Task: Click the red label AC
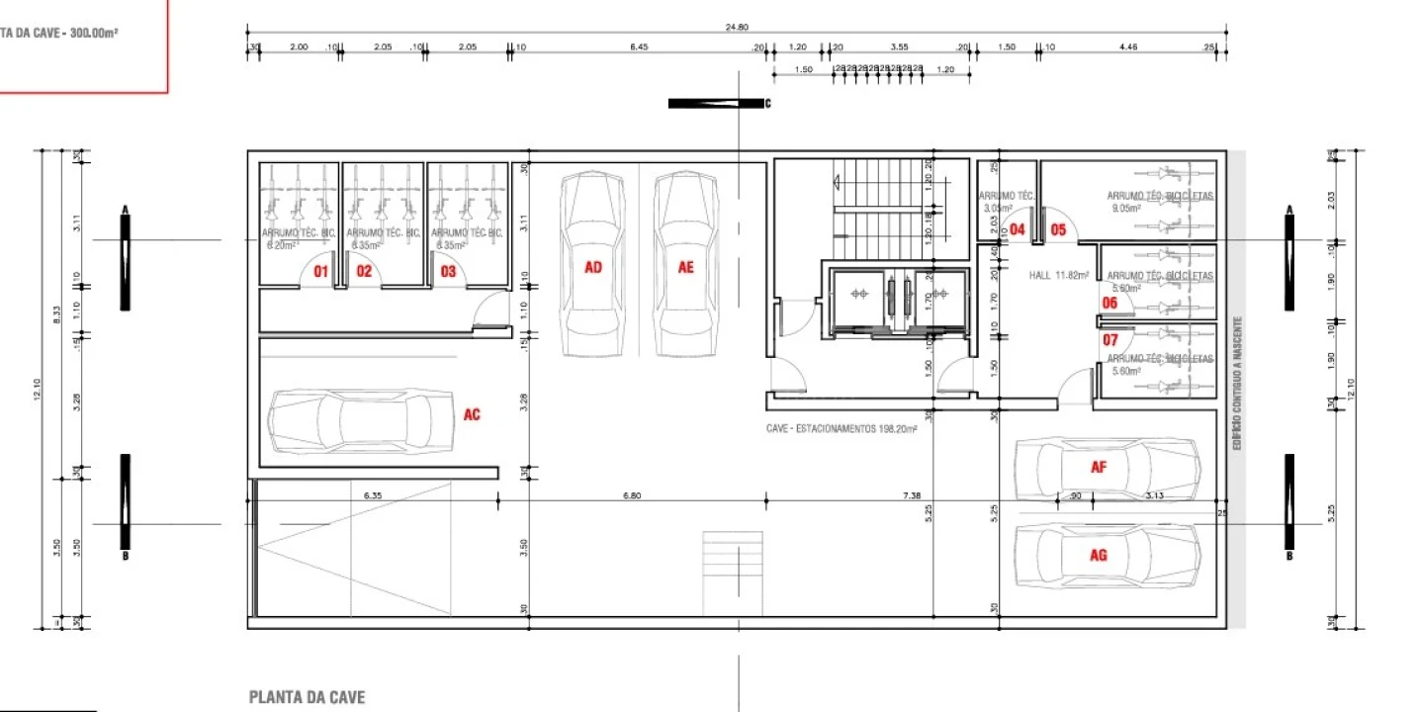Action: point(472,415)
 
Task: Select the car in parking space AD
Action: point(592,265)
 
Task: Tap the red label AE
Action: point(686,267)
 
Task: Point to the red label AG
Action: point(1098,555)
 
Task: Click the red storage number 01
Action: point(320,271)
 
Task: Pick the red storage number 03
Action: point(448,271)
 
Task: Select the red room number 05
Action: point(1058,230)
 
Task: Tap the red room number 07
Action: point(1110,340)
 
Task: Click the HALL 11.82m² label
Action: point(1058,276)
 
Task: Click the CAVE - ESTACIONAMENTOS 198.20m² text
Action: point(842,429)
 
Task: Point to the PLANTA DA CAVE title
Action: point(307,697)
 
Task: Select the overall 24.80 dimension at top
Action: point(736,28)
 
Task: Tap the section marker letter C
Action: point(767,103)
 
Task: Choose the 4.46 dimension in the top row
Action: point(1128,46)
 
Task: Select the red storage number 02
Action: point(364,271)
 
